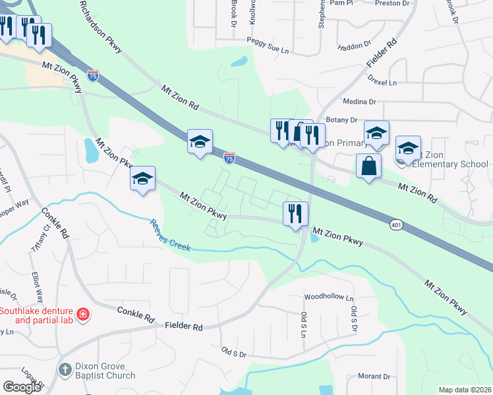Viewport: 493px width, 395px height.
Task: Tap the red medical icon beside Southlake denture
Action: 82,315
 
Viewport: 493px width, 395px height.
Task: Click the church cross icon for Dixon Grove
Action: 65,371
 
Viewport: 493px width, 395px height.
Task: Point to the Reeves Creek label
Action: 170,236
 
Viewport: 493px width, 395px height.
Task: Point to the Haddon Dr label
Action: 355,46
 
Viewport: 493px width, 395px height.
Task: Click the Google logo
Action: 22,387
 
